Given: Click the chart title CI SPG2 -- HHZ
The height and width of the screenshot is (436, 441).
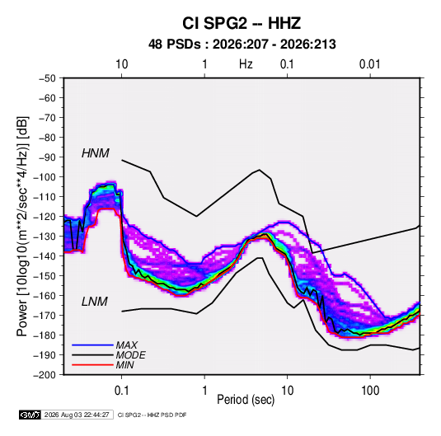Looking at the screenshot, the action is pyautogui.click(x=242, y=23).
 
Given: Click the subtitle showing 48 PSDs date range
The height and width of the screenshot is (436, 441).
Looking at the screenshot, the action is pyautogui.click(x=242, y=45).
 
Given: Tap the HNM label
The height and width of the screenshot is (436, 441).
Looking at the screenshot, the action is pyautogui.click(x=96, y=153).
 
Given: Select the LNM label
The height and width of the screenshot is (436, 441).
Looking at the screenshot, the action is pyautogui.click(x=95, y=302).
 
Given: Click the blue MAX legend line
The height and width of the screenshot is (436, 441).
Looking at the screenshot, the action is pyautogui.click(x=92, y=345).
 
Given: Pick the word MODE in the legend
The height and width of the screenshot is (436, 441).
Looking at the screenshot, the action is pyautogui.click(x=131, y=355).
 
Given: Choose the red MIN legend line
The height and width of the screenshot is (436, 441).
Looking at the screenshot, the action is pyautogui.click(x=92, y=365).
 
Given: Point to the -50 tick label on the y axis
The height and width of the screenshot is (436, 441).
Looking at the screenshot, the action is pyautogui.click(x=47, y=78).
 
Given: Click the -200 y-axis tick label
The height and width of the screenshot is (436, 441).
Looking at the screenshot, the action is pyautogui.click(x=45, y=375).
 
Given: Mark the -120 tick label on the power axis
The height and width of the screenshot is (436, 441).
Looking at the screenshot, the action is pyautogui.click(x=45, y=217).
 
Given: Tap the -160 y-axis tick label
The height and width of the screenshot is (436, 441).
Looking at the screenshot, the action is pyautogui.click(x=45, y=296).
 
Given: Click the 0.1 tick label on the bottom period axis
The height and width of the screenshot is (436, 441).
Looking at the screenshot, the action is pyautogui.click(x=121, y=391).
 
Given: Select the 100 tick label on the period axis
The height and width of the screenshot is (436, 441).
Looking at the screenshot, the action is pyautogui.click(x=370, y=391).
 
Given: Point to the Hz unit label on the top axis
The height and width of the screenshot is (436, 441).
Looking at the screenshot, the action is pyautogui.click(x=246, y=64).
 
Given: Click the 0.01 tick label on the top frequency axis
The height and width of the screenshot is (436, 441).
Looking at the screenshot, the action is pyautogui.click(x=369, y=64).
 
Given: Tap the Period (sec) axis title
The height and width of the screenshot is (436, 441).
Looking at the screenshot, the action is pyautogui.click(x=246, y=400).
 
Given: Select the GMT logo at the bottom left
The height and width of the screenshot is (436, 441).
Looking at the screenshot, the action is pyautogui.click(x=30, y=415).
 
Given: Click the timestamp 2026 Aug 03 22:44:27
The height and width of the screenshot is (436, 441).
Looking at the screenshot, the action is pyautogui.click(x=77, y=415).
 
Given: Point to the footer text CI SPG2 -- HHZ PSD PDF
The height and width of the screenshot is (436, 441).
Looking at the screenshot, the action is pyautogui.click(x=152, y=415).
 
